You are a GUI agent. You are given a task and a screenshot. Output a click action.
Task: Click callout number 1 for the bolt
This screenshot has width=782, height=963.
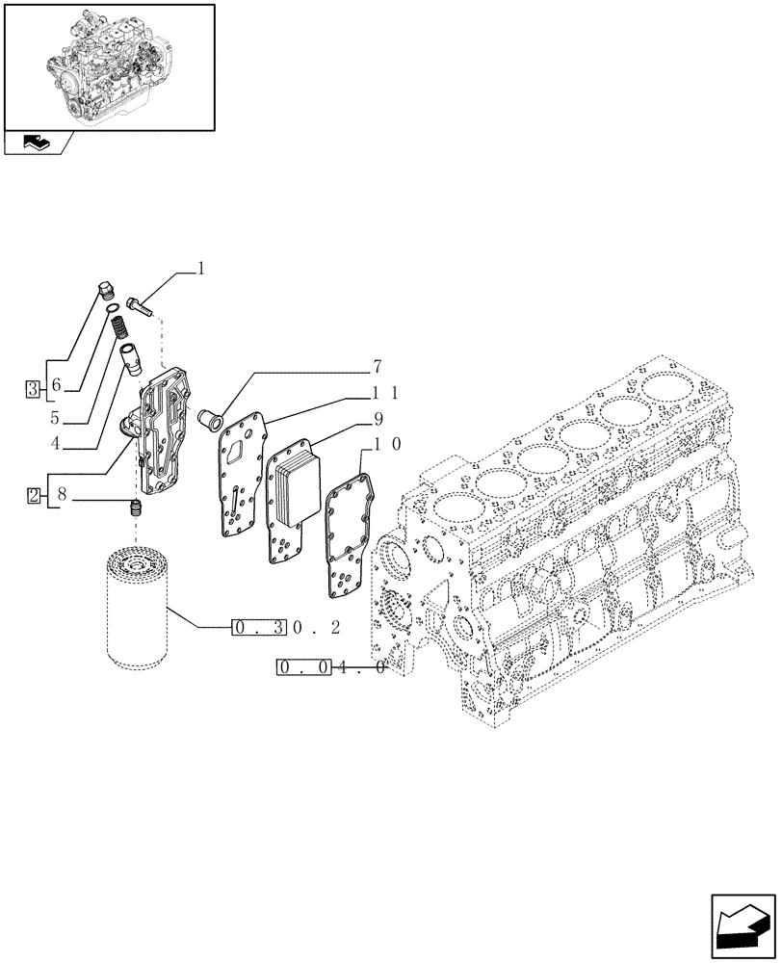201,270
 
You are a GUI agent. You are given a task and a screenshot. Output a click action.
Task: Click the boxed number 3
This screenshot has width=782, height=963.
33,390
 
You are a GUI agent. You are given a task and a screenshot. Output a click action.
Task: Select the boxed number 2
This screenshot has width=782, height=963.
33,496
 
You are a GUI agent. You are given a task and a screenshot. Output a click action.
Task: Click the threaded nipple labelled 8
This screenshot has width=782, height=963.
136,508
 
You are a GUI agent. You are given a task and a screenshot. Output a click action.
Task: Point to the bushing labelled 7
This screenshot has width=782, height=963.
207,419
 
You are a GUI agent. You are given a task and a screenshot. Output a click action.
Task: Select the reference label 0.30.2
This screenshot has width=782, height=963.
288,628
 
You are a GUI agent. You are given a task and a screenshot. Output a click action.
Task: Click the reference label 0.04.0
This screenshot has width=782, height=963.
331,667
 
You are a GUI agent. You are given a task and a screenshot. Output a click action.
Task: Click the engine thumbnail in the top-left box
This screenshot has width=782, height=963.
108,65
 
